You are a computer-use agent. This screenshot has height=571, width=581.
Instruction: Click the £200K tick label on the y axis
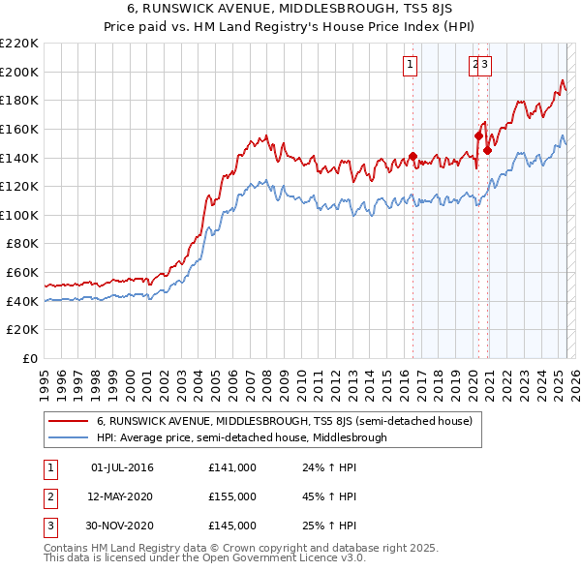click(x=19, y=72)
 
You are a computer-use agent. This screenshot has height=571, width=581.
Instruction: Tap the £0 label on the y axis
click(x=30, y=359)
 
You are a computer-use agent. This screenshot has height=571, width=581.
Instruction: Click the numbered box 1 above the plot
click(x=411, y=65)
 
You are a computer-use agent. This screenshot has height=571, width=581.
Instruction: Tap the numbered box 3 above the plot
click(x=485, y=65)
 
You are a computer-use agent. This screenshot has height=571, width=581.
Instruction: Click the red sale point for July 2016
click(x=413, y=156)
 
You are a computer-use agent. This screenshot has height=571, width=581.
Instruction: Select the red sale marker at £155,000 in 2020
click(x=478, y=135)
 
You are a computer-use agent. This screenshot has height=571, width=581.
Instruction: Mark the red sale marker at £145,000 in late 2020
click(x=488, y=150)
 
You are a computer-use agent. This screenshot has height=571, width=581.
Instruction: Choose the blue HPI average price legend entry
click(x=241, y=437)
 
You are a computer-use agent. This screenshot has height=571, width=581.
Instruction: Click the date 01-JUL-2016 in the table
click(x=122, y=468)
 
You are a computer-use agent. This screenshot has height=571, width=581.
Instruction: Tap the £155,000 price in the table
click(x=232, y=496)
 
